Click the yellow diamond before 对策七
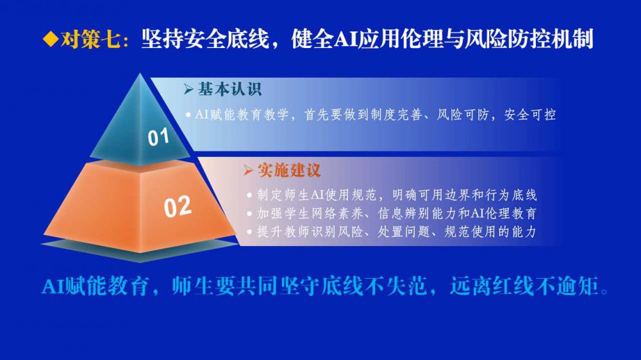click(x=51, y=40)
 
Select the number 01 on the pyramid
click(x=158, y=137)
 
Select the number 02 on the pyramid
click(x=178, y=206)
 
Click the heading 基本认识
click(x=229, y=89)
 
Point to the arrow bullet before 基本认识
click(x=188, y=89)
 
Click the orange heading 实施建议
click(x=290, y=170)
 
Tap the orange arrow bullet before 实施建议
click(x=247, y=170)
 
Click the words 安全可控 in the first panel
click(x=530, y=115)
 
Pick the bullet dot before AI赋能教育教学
click(x=188, y=115)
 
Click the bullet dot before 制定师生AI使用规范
click(x=249, y=195)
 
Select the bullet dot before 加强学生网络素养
click(x=249, y=214)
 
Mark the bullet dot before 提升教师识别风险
click(x=249, y=232)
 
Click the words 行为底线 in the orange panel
click(x=511, y=195)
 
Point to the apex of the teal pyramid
click(x=140, y=73)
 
